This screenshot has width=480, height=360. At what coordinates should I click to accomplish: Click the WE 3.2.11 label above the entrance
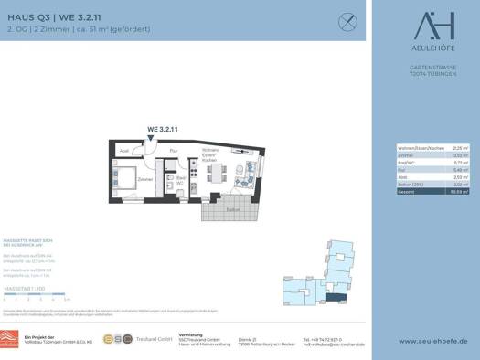(x=150, y=130)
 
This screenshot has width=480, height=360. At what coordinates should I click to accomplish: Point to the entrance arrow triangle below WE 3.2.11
(x=151, y=139)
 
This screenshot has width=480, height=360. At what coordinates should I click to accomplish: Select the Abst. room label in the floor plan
(x=124, y=150)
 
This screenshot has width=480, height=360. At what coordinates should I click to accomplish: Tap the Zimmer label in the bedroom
(x=144, y=180)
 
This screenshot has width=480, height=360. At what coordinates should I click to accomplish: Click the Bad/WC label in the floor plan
(x=181, y=180)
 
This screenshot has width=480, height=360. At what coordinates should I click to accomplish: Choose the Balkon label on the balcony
(x=233, y=208)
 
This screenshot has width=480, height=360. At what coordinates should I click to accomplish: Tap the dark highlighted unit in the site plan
(x=337, y=294)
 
